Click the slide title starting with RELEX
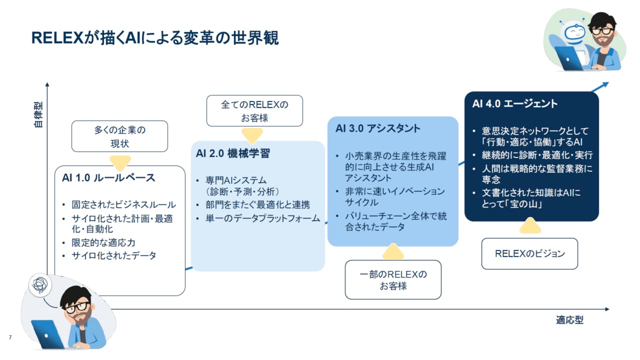[x=155, y=37]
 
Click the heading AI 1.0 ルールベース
[x=108, y=177]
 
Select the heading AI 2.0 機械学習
[x=233, y=153]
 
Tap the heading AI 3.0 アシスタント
[x=377, y=128]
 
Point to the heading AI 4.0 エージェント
[x=515, y=103]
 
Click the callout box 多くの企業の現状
[x=119, y=136]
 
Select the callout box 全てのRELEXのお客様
[x=254, y=111]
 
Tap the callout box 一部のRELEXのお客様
[x=393, y=279]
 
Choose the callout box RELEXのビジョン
[x=529, y=253]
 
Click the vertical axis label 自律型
[x=38, y=114]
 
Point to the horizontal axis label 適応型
[x=569, y=320]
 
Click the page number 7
[x=10, y=337]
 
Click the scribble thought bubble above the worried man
[x=40, y=284]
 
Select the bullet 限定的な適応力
[x=103, y=243]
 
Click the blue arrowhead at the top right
[x=605, y=84]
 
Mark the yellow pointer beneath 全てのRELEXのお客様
[x=252, y=135]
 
